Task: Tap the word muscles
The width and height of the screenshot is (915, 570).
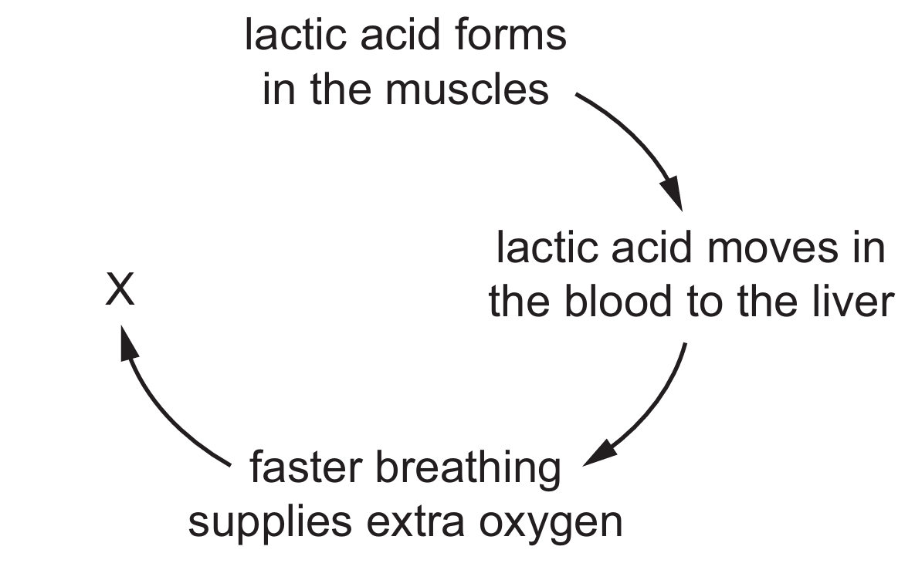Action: [x=467, y=89]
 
